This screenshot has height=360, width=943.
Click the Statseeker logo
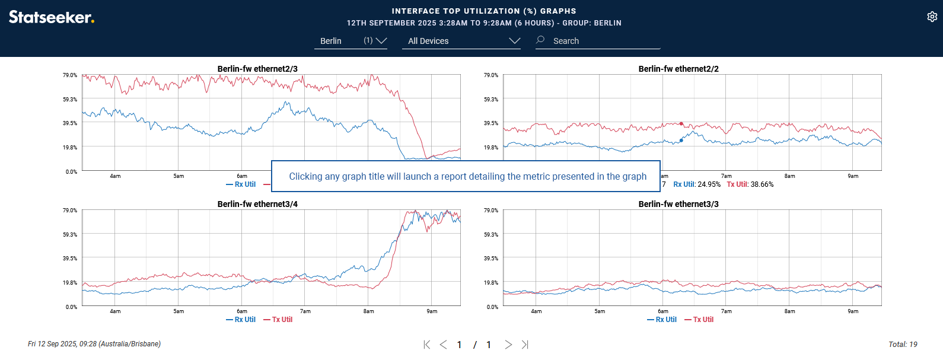coord(52,17)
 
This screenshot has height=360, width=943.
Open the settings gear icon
coord(932,17)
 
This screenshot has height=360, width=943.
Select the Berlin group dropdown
coord(350,41)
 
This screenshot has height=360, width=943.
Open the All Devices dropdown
coord(461,41)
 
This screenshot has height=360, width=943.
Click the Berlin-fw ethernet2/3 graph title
coord(257,69)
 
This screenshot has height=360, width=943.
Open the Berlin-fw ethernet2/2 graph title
coord(678,69)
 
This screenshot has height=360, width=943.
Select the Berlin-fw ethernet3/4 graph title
coord(257,204)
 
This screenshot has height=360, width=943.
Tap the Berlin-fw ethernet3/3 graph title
coord(678,204)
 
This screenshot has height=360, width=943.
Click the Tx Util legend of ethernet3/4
coord(278,320)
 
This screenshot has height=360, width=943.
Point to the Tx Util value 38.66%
coord(750,184)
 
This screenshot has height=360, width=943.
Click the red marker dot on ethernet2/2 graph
coord(681,124)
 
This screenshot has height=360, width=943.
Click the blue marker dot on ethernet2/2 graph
coord(681,141)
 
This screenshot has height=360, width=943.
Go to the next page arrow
coord(508,345)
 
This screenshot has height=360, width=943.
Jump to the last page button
coord(525,345)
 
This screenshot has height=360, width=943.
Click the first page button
coord(426,345)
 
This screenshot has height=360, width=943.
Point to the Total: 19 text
coord(903,345)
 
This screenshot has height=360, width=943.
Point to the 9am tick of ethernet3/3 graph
coord(853,311)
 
